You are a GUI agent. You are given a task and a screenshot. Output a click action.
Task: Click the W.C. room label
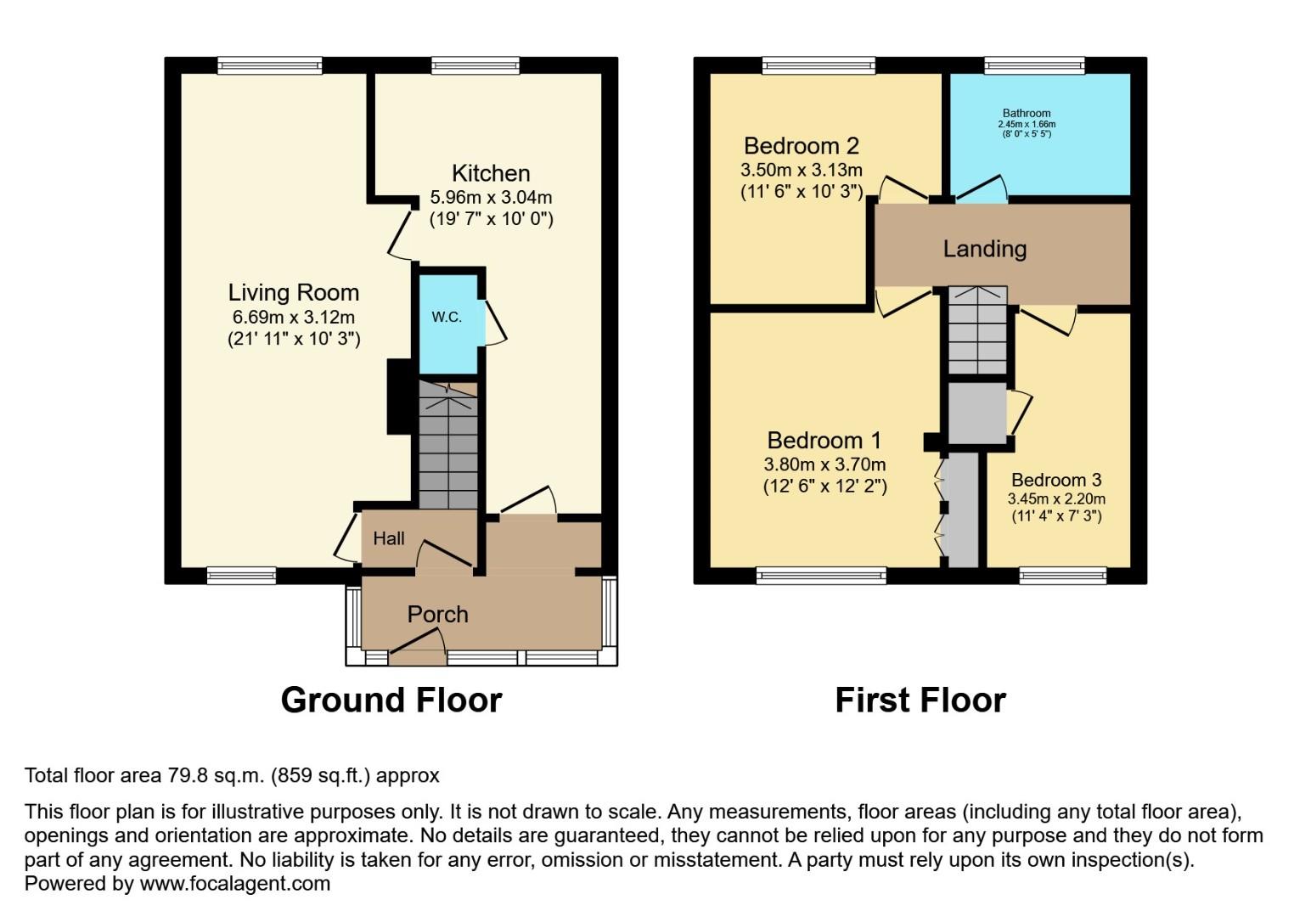(447, 318)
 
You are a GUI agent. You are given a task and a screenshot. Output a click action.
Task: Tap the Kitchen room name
(491, 173)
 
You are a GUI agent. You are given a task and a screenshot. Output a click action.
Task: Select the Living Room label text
(294, 293)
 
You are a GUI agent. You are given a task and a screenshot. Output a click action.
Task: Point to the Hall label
(389, 538)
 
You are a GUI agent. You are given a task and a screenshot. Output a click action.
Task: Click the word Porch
(437, 614)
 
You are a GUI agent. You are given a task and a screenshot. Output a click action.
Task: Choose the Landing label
(985, 249)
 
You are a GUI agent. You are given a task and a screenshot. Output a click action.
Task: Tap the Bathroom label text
(1027, 113)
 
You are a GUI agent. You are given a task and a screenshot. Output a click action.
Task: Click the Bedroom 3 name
(1056, 480)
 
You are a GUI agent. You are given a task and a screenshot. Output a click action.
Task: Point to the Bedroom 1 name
(824, 441)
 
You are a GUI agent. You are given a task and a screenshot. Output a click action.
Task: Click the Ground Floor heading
(391, 700)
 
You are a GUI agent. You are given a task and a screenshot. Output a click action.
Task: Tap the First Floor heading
(920, 700)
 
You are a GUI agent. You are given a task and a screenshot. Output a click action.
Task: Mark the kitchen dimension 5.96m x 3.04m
(491, 198)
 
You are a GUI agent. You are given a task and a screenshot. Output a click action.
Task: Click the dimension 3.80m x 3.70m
(824, 464)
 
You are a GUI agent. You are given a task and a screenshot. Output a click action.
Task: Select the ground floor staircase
(448, 445)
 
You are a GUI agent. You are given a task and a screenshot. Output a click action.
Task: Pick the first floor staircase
(977, 330)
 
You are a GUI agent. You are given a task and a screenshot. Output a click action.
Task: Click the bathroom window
(1034, 65)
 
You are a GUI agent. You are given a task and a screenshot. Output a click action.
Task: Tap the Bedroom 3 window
(1063, 576)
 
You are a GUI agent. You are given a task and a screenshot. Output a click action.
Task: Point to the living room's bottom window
(242, 576)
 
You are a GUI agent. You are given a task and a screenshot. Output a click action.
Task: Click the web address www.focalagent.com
(234, 884)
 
